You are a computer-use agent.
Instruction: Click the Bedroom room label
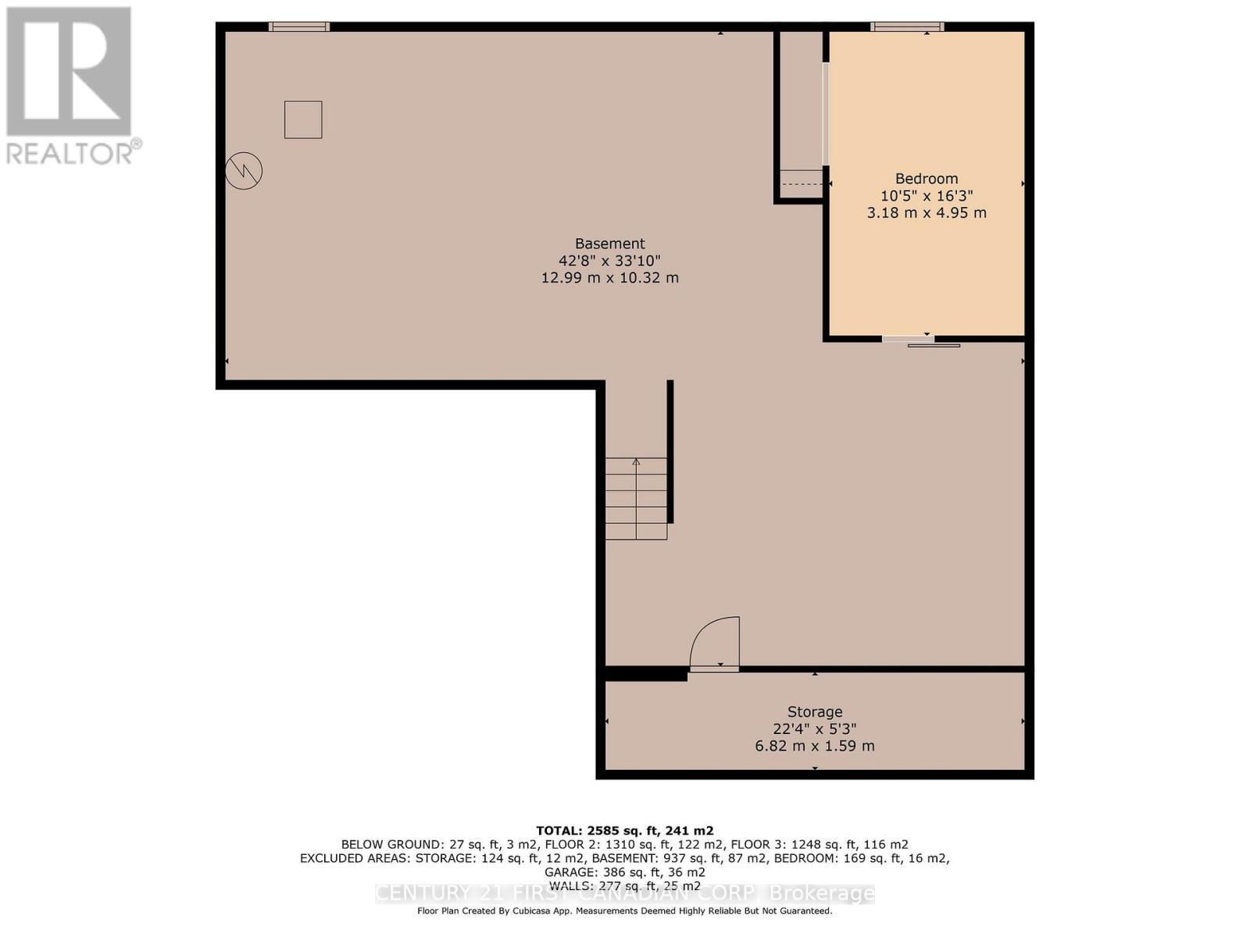(x=927, y=179)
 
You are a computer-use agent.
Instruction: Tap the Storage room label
(x=815, y=712)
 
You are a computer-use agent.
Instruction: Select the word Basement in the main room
(x=610, y=244)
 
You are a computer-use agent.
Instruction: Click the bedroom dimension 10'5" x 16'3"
(x=927, y=196)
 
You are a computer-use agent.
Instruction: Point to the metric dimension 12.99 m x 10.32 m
(x=610, y=278)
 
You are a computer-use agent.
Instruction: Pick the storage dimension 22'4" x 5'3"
(x=815, y=729)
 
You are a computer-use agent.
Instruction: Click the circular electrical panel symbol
(x=244, y=171)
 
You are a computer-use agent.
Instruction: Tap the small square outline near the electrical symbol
(x=303, y=119)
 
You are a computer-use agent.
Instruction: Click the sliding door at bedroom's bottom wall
(x=922, y=340)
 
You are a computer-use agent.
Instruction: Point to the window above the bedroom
(x=907, y=27)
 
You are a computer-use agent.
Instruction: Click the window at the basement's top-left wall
(x=299, y=27)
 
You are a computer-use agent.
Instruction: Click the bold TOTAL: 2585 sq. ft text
(x=624, y=831)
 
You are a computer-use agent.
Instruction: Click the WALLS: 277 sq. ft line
(x=624, y=885)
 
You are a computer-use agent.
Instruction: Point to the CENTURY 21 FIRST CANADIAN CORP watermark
(x=624, y=894)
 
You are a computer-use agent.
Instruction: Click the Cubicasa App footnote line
(x=624, y=911)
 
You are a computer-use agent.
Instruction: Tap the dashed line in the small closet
(x=802, y=184)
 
